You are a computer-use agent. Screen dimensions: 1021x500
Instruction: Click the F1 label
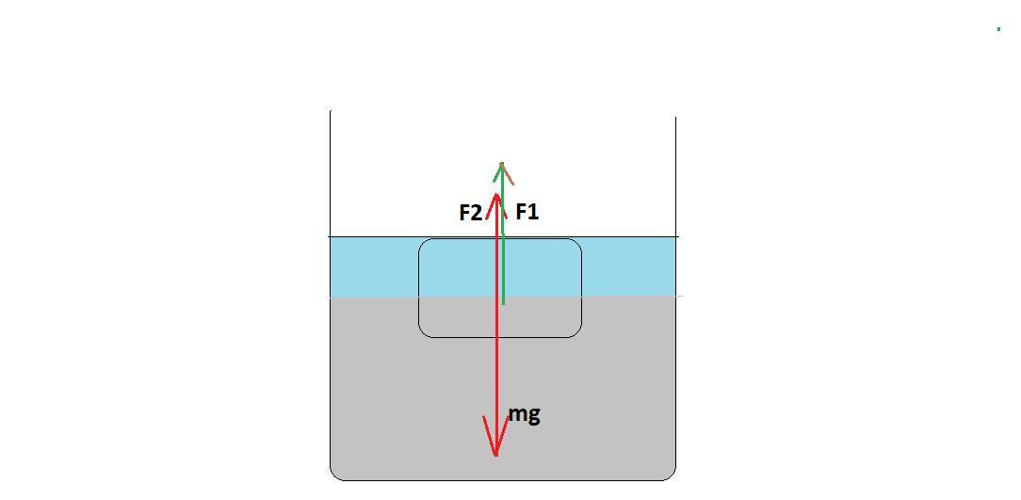(527, 212)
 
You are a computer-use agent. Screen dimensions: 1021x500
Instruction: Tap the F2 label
(470, 213)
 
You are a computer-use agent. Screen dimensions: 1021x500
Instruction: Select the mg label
(524, 414)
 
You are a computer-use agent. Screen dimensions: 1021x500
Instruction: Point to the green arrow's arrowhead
(502, 166)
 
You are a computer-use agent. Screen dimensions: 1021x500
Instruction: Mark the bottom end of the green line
(503, 303)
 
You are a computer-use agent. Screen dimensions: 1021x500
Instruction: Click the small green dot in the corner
(998, 29)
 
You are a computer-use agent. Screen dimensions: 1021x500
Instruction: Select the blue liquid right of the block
(628, 266)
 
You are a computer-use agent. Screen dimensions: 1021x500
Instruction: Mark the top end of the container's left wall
(331, 111)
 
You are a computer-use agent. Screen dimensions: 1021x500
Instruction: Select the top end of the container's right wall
(675, 117)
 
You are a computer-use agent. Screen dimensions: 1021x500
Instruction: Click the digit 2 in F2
(476, 213)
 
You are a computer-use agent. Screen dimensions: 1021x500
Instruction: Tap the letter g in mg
(533, 416)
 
